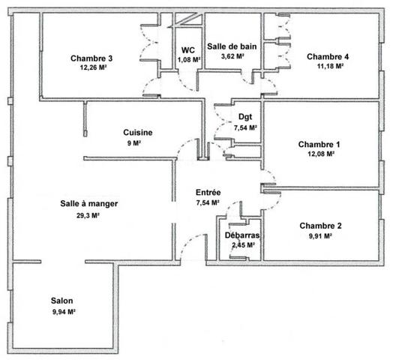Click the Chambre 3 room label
(x=91, y=58)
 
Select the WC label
(x=188, y=50)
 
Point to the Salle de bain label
(x=232, y=46)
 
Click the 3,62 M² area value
(x=232, y=56)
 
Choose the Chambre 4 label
(x=328, y=57)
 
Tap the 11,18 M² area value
(x=330, y=66)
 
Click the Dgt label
(x=245, y=117)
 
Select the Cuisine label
(x=138, y=132)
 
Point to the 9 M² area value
(x=133, y=143)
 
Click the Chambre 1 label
(x=319, y=145)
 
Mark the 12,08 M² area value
(x=321, y=154)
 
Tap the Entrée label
(x=208, y=193)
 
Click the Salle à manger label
(x=89, y=203)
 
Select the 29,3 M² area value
(x=88, y=215)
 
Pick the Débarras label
(x=242, y=235)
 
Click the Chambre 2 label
(x=320, y=226)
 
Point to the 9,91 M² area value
(x=320, y=236)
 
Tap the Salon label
(x=62, y=301)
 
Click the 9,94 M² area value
(x=64, y=312)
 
